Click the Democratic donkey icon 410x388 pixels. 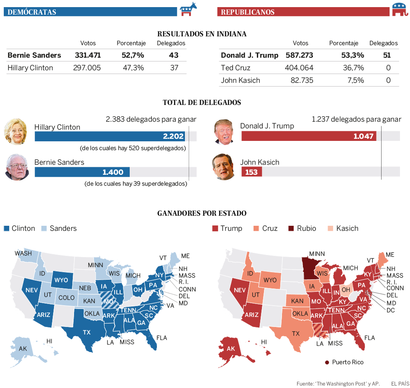(189, 9)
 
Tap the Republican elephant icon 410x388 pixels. (400, 9)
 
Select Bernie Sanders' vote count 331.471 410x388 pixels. (88, 55)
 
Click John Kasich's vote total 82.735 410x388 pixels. (302, 80)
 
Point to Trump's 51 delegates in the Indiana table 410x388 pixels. (387, 55)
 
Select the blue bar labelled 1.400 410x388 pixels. (82, 172)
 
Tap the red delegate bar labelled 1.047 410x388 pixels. (309, 136)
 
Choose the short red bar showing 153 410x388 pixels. (251, 172)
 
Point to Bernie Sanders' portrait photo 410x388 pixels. (17, 168)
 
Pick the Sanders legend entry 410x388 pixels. (59, 228)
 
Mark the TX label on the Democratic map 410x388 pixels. (87, 333)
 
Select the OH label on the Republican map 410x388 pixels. (346, 289)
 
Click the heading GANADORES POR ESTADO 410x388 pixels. (202, 213)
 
